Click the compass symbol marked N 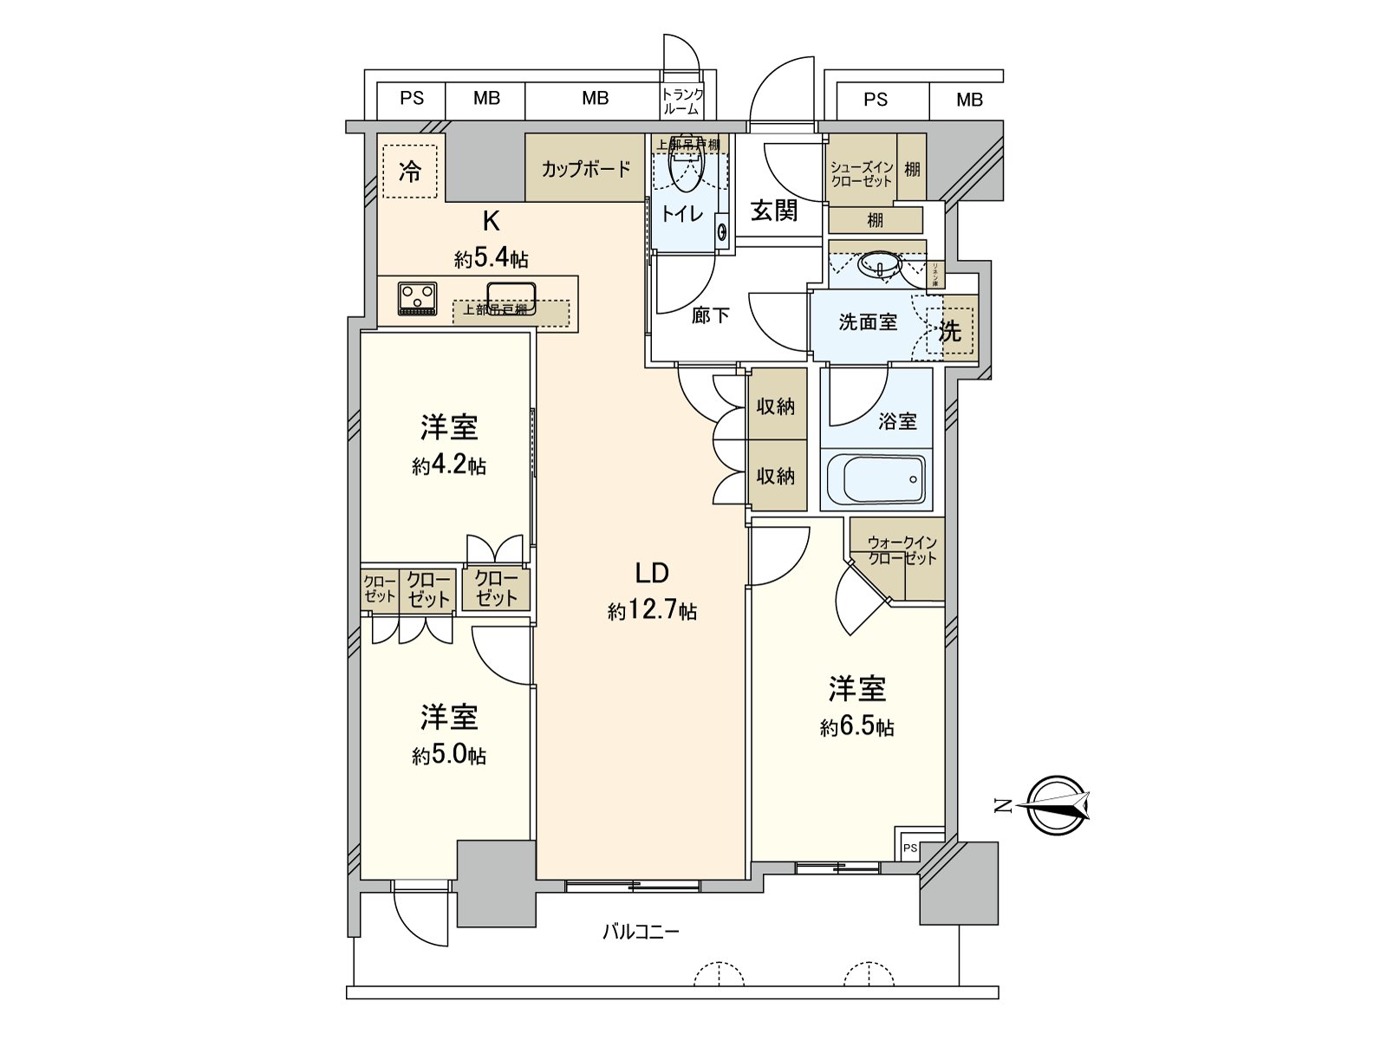point(1055,806)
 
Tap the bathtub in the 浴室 point(876,478)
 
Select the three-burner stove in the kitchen point(417,298)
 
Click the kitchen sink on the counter point(511,296)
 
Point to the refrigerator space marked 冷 point(410,171)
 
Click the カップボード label point(586,169)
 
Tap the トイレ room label point(683,212)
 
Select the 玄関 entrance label point(773,211)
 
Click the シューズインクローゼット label point(861,174)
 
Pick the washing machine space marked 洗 point(951,331)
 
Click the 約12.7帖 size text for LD point(652,612)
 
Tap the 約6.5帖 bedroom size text point(856,727)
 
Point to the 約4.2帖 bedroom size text point(449,466)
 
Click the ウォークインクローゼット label point(902,550)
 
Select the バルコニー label point(641,933)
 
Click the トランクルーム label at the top point(682,102)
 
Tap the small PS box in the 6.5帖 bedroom point(909,848)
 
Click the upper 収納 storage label point(775,406)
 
